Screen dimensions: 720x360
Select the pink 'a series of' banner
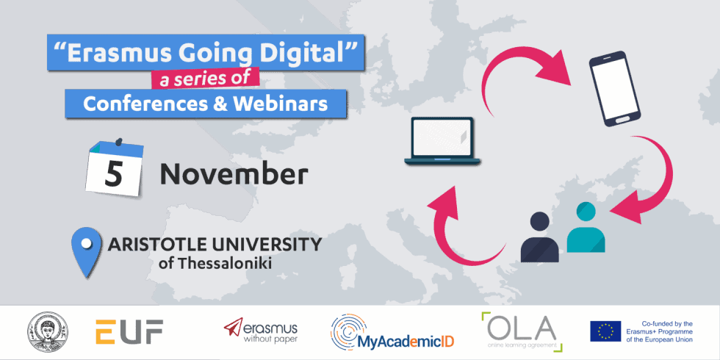pyautogui.click(x=205, y=79)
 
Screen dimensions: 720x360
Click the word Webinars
pyautogui.click(x=281, y=104)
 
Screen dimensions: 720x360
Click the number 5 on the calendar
pyautogui.click(x=113, y=174)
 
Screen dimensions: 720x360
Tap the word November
pyautogui.click(x=234, y=175)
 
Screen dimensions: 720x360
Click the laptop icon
pyautogui.click(x=442, y=140)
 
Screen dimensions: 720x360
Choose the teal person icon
pyautogui.click(x=586, y=228)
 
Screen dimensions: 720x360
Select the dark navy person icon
pyautogui.click(x=539, y=237)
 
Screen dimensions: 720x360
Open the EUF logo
pyautogui.click(x=129, y=331)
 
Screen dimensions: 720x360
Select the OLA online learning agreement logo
pyautogui.click(x=522, y=331)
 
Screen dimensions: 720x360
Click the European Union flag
pyautogui.click(x=605, y=331)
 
